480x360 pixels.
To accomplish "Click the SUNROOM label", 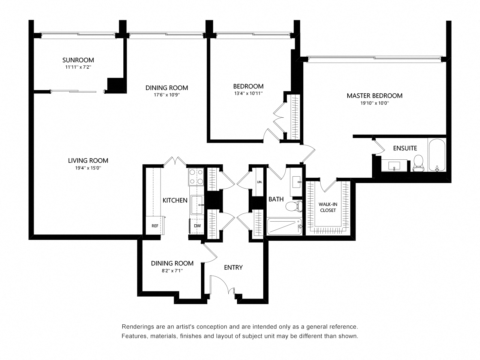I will click(x=78, y=60).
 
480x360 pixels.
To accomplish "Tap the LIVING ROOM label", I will click(x=88, y=160).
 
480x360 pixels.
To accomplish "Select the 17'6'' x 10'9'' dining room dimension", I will click(x=166, y=95).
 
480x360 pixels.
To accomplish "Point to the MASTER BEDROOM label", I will click(x=374, y=96).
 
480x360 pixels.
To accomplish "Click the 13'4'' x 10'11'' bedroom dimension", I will click(x=248, y=93).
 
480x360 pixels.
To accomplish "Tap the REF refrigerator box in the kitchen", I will click(x=154, y=226).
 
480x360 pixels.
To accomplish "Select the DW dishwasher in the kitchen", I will click(x=197, y=226).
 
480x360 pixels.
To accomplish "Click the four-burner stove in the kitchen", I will click(x=196, y=177).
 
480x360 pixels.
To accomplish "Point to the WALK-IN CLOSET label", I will click(x=327, y=207).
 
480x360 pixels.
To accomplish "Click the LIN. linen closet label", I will click(x=259, y=182).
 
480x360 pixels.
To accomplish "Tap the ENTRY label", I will click(x=233, y=267).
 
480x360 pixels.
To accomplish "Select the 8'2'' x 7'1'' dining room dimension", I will click(x=172, y=270).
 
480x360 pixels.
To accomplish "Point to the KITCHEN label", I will click(x=175, y=200).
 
